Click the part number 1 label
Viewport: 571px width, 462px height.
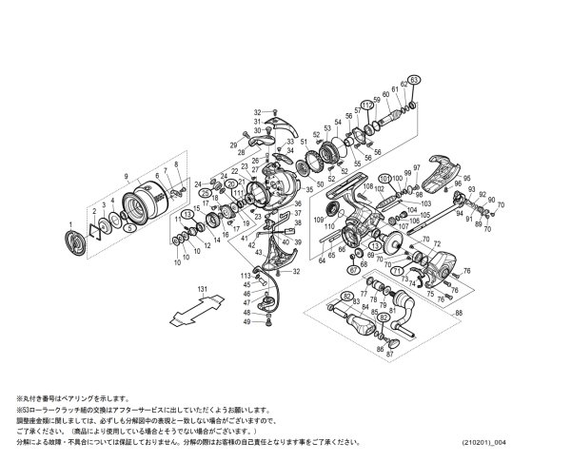(69, 224)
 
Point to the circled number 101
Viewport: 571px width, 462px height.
(384, 177)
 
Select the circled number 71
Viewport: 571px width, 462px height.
(395, 270)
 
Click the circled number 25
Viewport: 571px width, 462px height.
(206, 194)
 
